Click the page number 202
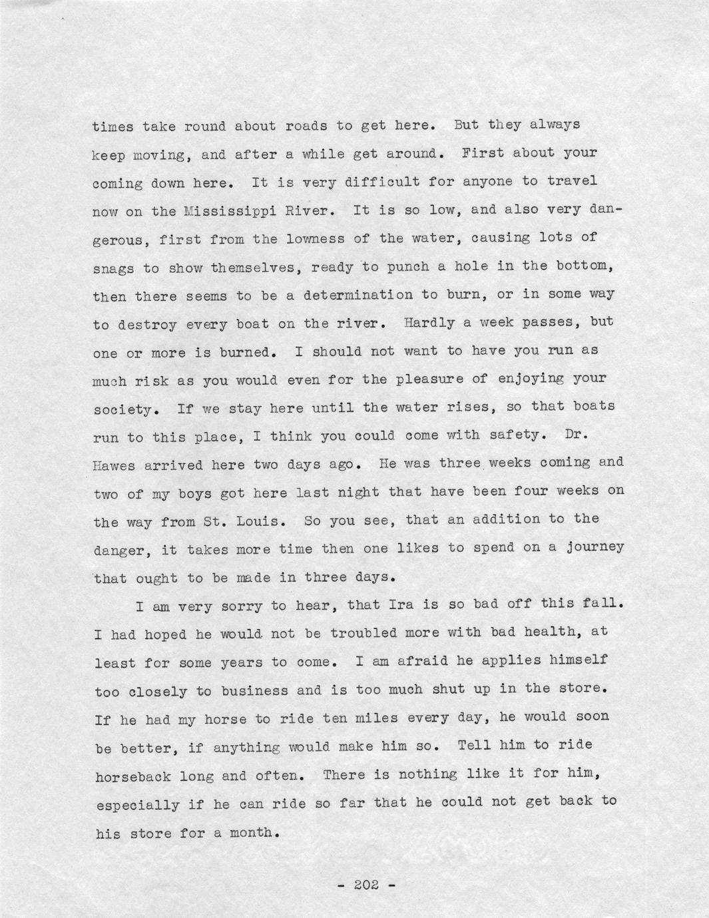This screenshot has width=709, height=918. tap(365, 885)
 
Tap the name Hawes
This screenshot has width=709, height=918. tap(115, 466)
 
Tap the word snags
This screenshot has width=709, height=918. tap(113, 268)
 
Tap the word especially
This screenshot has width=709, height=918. tap(137, 805)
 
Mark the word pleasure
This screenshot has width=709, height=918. tap(428, 379)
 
